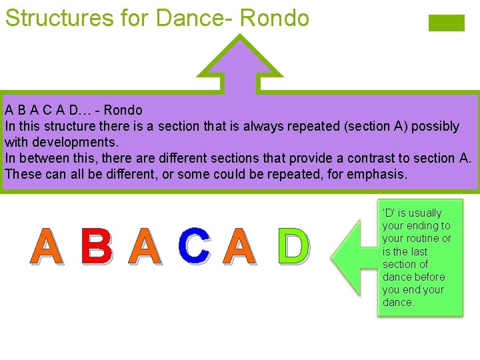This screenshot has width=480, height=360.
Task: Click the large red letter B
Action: tap(96, 246)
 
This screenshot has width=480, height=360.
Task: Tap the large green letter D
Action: tap(293, 246)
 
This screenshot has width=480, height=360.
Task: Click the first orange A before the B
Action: tap(48, 246)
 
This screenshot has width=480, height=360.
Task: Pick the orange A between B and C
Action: tap(145, 246)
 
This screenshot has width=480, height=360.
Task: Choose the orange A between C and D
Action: tap(239, 246)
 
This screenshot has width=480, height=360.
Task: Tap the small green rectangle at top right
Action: tap(446, 23)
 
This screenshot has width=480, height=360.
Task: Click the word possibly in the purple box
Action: tap(435, 126)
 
